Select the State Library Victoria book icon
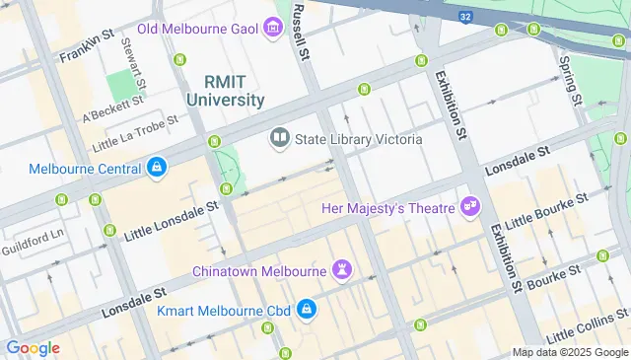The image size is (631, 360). pos(279,139)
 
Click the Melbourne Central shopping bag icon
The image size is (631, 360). pos(155,169)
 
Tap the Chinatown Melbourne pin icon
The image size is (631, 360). pos(342,269)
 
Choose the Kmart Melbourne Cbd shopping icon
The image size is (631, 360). pos(307,310)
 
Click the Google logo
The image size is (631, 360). pos(33,347)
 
